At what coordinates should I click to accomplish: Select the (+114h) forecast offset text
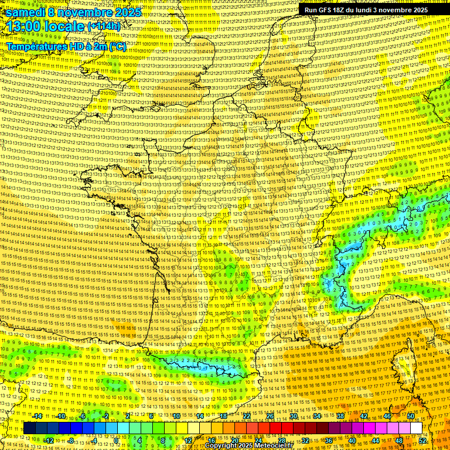coord(104,26)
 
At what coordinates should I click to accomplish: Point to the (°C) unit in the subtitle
coord(118,45)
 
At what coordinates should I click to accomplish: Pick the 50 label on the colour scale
coord(411,416)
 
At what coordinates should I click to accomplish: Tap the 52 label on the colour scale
coord(422,440)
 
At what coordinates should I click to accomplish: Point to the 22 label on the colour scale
coord(247,416)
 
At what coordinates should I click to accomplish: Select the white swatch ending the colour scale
coord(416,428)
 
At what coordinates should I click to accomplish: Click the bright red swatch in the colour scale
coord(275,428)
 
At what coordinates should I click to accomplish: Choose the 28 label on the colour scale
coord(281,440)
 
